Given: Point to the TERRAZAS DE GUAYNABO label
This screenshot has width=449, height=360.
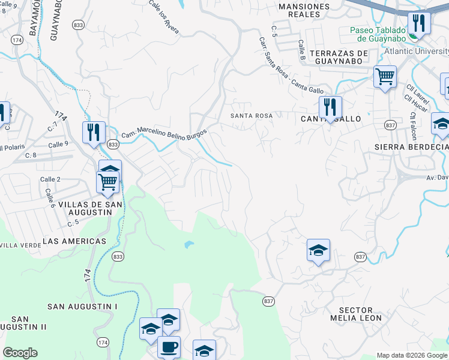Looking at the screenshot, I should pos(340,57).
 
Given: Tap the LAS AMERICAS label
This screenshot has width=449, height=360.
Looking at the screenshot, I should pos(74,241).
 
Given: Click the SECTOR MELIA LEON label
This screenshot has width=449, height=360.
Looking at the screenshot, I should pos(352,313).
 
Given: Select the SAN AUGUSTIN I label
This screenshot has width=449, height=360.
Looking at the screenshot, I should pos(83,307).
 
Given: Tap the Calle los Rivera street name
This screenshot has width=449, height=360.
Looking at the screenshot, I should pos(164,17).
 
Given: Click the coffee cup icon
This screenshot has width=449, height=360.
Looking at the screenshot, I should pos(169,347).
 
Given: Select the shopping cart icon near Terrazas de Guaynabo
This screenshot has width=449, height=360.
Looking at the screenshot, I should pos(385,76).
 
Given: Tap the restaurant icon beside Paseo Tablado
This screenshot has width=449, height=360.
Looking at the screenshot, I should pos(418,23).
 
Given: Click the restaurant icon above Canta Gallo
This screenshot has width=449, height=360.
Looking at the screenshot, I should pos(330,107).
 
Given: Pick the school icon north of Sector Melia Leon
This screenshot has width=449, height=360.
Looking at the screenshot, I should pos(318,250).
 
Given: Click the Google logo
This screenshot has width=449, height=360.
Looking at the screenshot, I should pos(20,353).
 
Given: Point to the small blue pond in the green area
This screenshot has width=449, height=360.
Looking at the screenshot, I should pos(189,245).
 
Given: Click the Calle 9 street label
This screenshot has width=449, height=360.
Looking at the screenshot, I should pos(58,145).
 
